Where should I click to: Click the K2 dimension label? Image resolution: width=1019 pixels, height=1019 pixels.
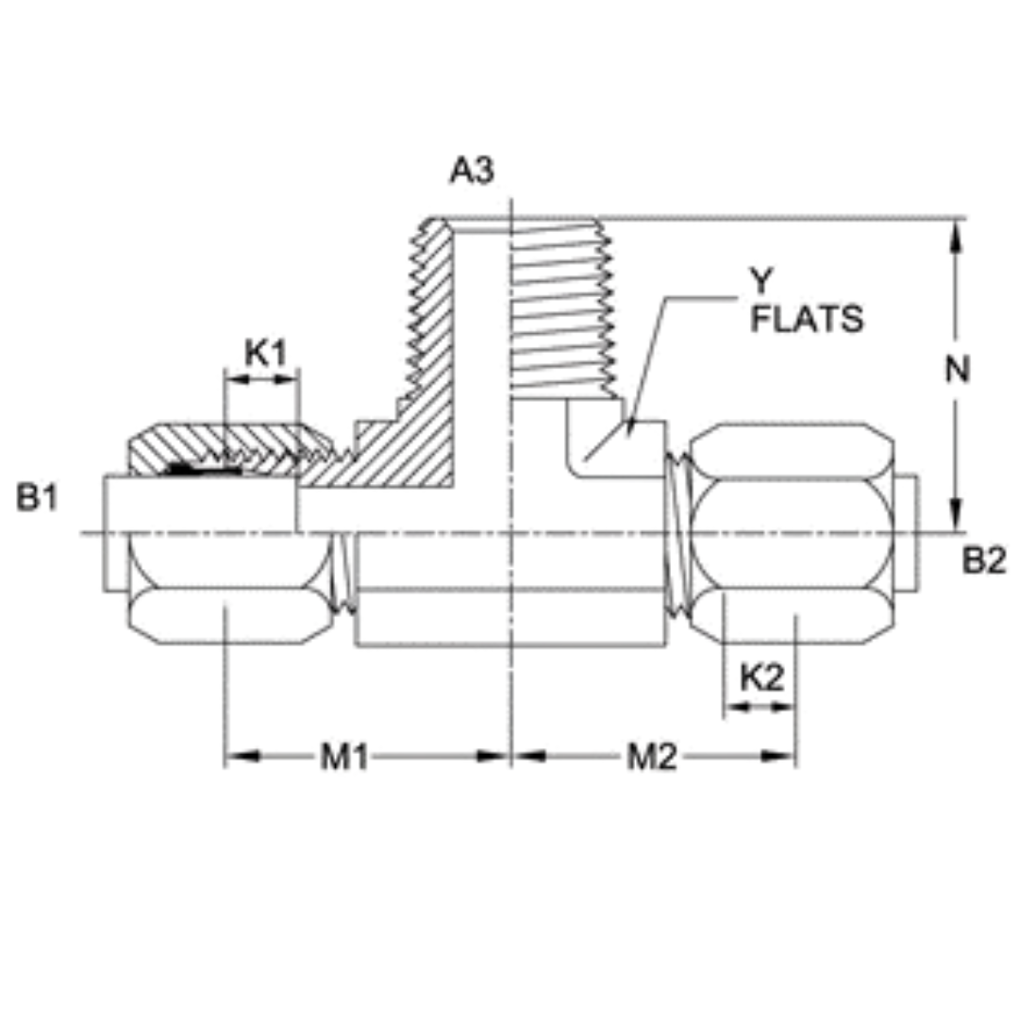761,677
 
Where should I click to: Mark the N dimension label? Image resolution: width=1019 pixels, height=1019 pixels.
958,370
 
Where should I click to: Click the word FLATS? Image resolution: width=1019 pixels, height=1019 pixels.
807,320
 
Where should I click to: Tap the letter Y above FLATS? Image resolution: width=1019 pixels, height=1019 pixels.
760,280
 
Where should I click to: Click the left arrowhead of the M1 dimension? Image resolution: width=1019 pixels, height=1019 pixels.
243,757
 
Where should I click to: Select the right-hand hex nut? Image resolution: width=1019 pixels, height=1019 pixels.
791,534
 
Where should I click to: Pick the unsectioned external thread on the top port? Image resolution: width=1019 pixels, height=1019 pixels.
562,307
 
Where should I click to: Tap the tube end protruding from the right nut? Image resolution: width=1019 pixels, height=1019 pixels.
906,534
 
